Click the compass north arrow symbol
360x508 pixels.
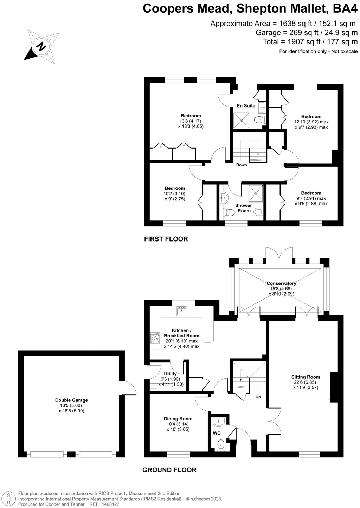(x=41, y=46)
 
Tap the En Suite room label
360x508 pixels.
(x=246, y=105)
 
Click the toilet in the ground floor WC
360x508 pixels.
(x=221, y=444)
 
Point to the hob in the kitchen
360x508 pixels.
(x=155, y=338)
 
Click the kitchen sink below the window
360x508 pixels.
(x=182, y=311)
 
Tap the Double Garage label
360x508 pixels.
(x=71, y=400)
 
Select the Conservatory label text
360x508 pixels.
(x=281, y=283)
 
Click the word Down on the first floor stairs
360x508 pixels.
(x=242, y=165)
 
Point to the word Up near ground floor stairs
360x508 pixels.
(x=258, y=397)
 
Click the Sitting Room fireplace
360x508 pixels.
(x=333, y=387)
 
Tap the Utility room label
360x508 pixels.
(x=170, y=374)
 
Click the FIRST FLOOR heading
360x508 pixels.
(x=166, y=239)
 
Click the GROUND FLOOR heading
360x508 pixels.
(x=169, y=470)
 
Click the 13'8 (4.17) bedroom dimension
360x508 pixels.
(x=190, y=121)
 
